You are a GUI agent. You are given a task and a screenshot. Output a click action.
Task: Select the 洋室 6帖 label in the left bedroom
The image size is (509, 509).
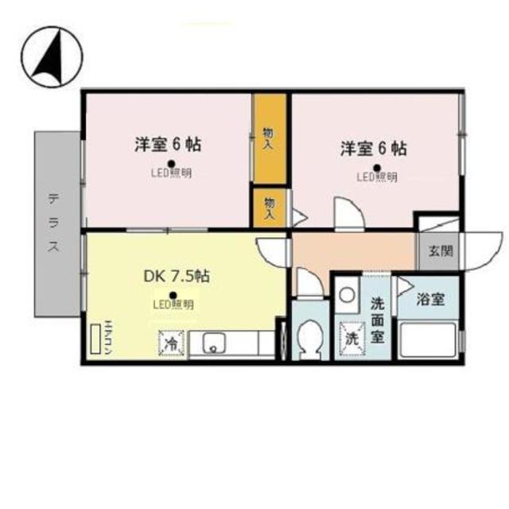(167, 145)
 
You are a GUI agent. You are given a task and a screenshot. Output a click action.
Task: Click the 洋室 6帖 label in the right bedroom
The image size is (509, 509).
(375, 148)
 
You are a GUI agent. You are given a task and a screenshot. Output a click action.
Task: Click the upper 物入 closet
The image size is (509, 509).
(269, 138)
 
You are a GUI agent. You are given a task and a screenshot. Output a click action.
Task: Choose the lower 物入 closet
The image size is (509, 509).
(269, 208)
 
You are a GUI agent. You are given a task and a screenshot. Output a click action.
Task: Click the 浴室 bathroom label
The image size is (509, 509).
(430, 300)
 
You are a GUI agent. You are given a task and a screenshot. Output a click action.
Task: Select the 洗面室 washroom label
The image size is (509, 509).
(378, 318)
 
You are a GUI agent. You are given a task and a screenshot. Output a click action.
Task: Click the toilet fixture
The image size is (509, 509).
(307, 337)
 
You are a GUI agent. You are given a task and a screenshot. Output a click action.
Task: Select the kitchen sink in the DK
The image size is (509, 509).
(215, 344)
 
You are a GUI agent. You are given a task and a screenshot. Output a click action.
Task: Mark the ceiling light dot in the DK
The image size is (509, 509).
(173, 293)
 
